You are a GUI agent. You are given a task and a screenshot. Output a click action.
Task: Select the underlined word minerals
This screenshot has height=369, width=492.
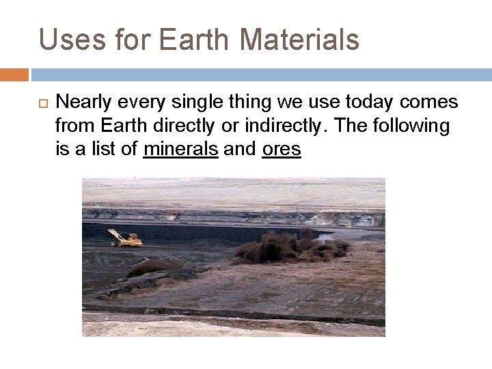click(181, 149)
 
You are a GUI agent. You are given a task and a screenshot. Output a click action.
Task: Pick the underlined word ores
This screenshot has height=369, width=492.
click(281, 149)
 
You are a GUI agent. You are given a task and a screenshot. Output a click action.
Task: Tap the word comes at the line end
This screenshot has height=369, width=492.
click(433, 103)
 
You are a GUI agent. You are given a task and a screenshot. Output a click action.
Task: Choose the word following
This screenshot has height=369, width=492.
click(412, 126)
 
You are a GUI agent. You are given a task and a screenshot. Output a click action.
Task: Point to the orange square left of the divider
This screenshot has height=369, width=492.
click(14, 74)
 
